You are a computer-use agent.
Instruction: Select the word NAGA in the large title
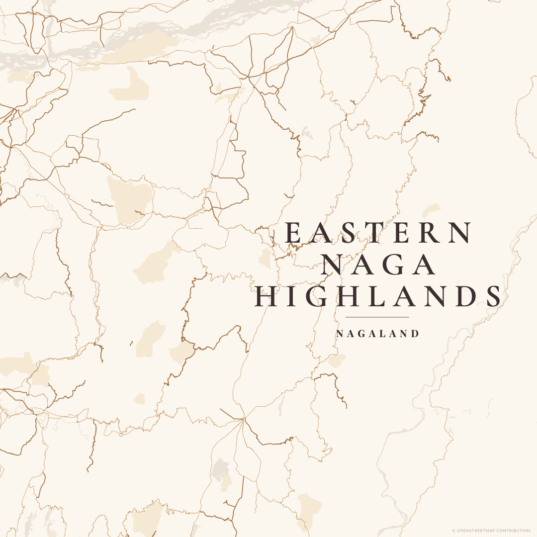coord(378,265)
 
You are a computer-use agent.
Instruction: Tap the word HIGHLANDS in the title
coord(378,296)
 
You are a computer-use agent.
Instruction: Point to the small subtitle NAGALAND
coord(378,334)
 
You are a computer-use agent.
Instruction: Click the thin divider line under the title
coord(377,317)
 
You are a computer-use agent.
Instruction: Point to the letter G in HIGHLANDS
coord(316,296)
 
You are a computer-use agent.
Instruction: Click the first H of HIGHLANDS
coord(265,296)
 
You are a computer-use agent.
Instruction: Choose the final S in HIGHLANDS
coord(493,296)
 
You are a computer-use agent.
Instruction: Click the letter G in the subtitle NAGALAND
coord(361,334)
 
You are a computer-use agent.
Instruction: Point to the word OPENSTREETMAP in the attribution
coord(482,531)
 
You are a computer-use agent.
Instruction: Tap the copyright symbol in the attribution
coord(453,531)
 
